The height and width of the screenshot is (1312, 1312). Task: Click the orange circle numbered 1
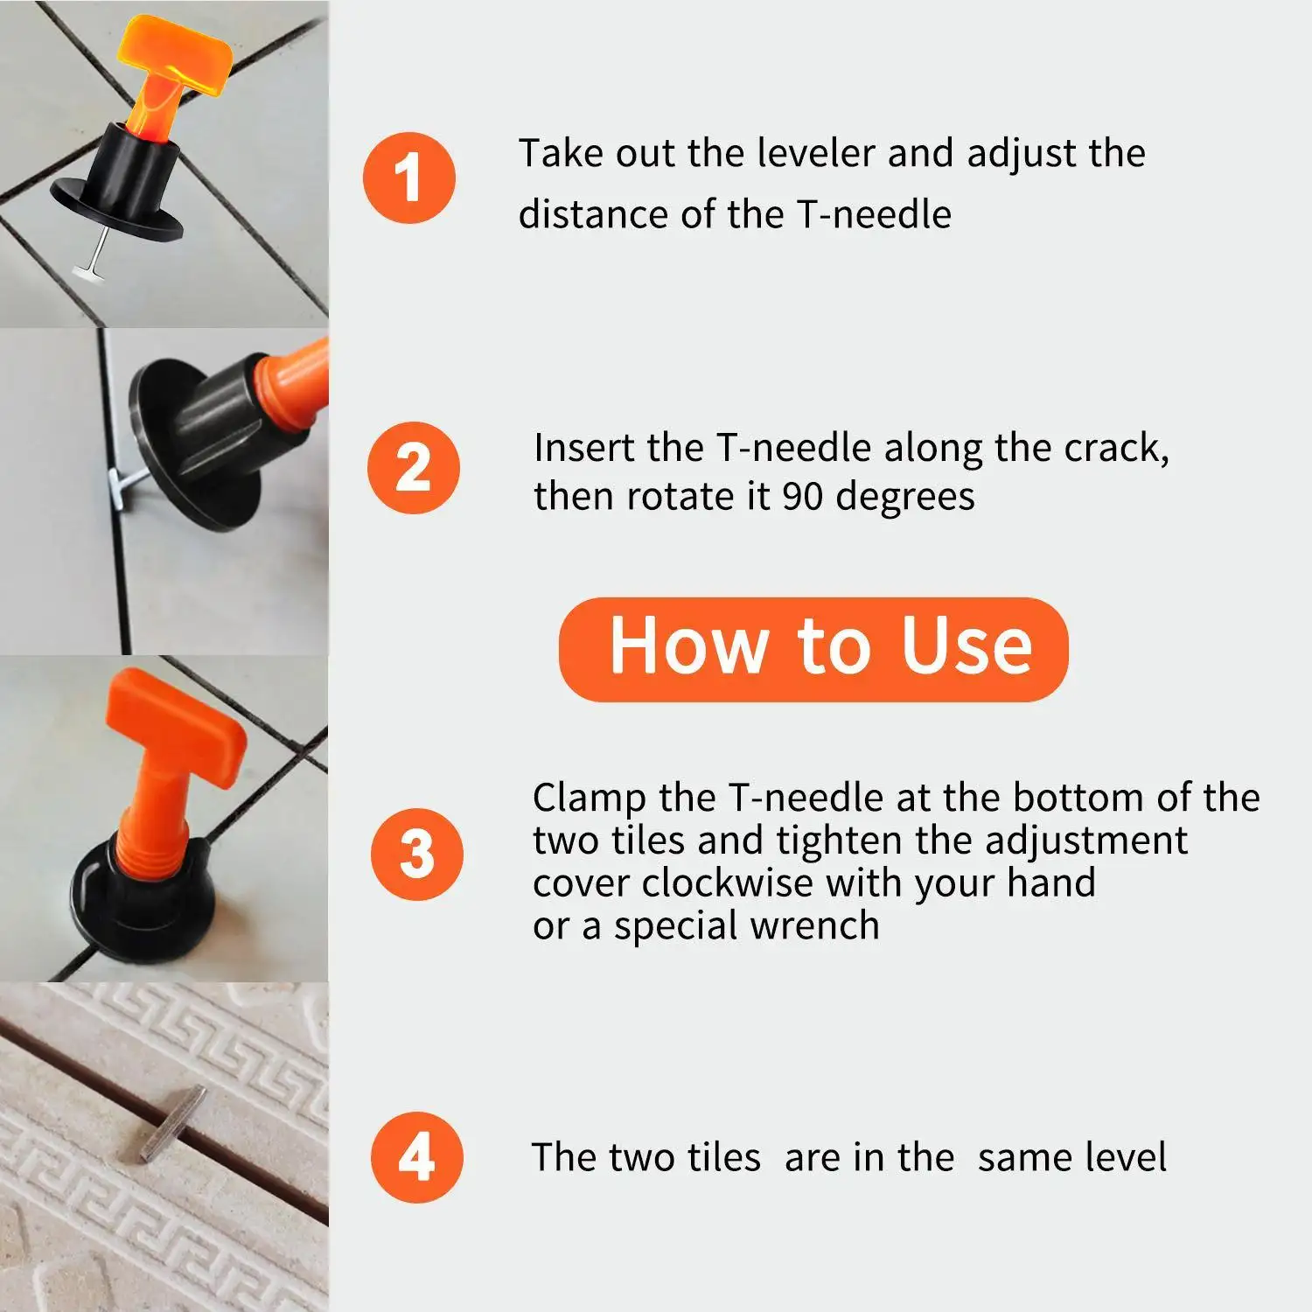409,178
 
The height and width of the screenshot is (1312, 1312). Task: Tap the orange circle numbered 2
413,468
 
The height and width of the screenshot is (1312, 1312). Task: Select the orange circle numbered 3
416,854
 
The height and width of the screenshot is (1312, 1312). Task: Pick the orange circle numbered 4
416,1157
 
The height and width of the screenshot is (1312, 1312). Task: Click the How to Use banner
813,648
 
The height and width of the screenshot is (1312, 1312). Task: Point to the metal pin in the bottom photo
173,1123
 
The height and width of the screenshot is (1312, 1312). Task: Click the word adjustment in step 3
1086,841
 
